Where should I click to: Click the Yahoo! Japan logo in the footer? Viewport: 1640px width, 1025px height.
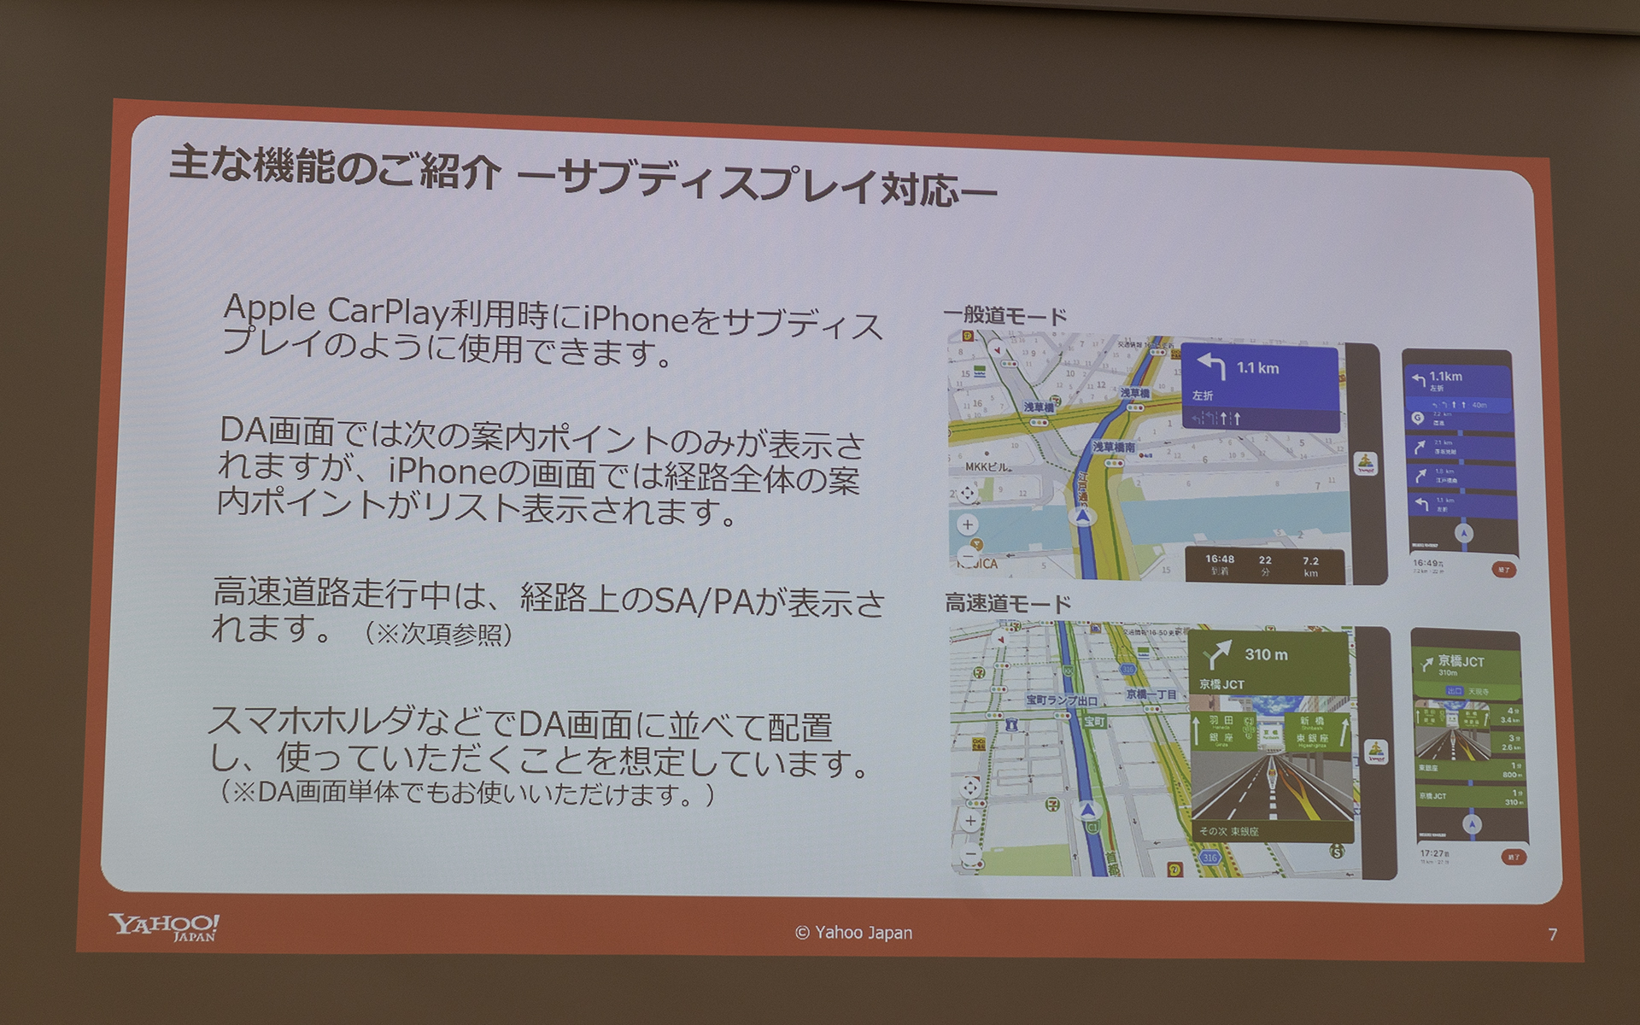pyautogui.click(x=164, y=926)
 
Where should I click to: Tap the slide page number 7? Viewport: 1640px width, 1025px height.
pyautogui.click(x=1552, y=934)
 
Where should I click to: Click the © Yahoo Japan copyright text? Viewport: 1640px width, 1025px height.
pyautogui.click(x=853, y=933)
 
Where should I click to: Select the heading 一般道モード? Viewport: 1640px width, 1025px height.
pyautogui.click(x=1005, y=316)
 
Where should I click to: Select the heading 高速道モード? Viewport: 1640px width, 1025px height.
pyautogui.click(x=1008, y=604)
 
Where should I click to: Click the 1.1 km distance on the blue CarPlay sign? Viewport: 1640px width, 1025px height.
pyautogui.click(x=1257, y=368)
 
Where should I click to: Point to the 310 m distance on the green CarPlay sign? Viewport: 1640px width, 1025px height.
pyautogui.click(x=1266, y=655)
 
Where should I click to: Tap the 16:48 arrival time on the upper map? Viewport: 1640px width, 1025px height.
pyautogui.click(x=1220, y=559)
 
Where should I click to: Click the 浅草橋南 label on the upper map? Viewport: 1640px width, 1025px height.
pyautogui.click(x=1114, y=447)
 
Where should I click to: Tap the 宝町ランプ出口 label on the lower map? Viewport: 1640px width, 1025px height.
pyautogui.click(x=1062, y=700)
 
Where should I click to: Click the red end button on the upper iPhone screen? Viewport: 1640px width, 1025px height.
pyautogui.click(x=1504, y=569)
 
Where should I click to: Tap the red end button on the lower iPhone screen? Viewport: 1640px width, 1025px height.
pyautogui.click(x=1514, y=857)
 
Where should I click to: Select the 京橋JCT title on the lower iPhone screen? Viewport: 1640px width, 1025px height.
pyautogui.click(x=1461, y=661)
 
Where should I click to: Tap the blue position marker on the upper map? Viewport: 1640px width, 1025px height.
pyautogui.click(x=1083, y=517)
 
